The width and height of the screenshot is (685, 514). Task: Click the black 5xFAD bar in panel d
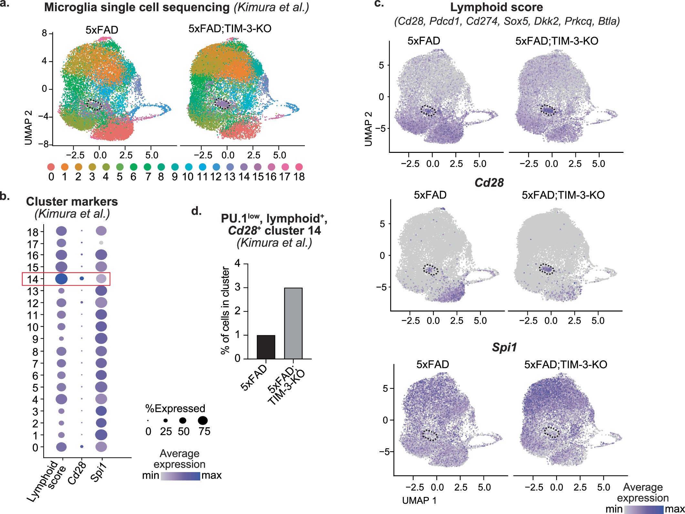point(266,347)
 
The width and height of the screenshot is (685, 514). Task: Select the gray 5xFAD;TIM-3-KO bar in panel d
point(293,323)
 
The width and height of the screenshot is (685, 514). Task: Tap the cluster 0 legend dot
point(51,167)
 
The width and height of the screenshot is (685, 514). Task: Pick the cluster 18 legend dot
point(299,167)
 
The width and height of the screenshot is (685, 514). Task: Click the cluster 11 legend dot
point(202,167)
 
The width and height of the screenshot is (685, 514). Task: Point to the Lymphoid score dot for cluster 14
point(61,279)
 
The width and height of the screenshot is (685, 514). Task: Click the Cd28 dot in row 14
point(82,278)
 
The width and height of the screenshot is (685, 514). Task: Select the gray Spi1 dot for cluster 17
point(101,242)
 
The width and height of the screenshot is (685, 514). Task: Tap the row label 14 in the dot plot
point(33,279)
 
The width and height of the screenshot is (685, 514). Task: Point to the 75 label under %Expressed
point(204,431)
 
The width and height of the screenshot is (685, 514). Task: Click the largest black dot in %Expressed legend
point(203,420)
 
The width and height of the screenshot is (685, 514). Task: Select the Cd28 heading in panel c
point(489,183)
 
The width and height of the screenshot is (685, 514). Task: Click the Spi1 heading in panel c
point(504,347)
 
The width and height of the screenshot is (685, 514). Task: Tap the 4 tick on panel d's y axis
point(237,263)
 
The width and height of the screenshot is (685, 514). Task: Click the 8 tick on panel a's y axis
point(45,33)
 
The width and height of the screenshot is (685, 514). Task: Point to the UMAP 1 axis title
point(419,500)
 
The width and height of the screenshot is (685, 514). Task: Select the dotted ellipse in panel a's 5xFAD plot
point(94,104)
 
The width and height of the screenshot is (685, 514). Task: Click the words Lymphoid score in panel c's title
point(496,7)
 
